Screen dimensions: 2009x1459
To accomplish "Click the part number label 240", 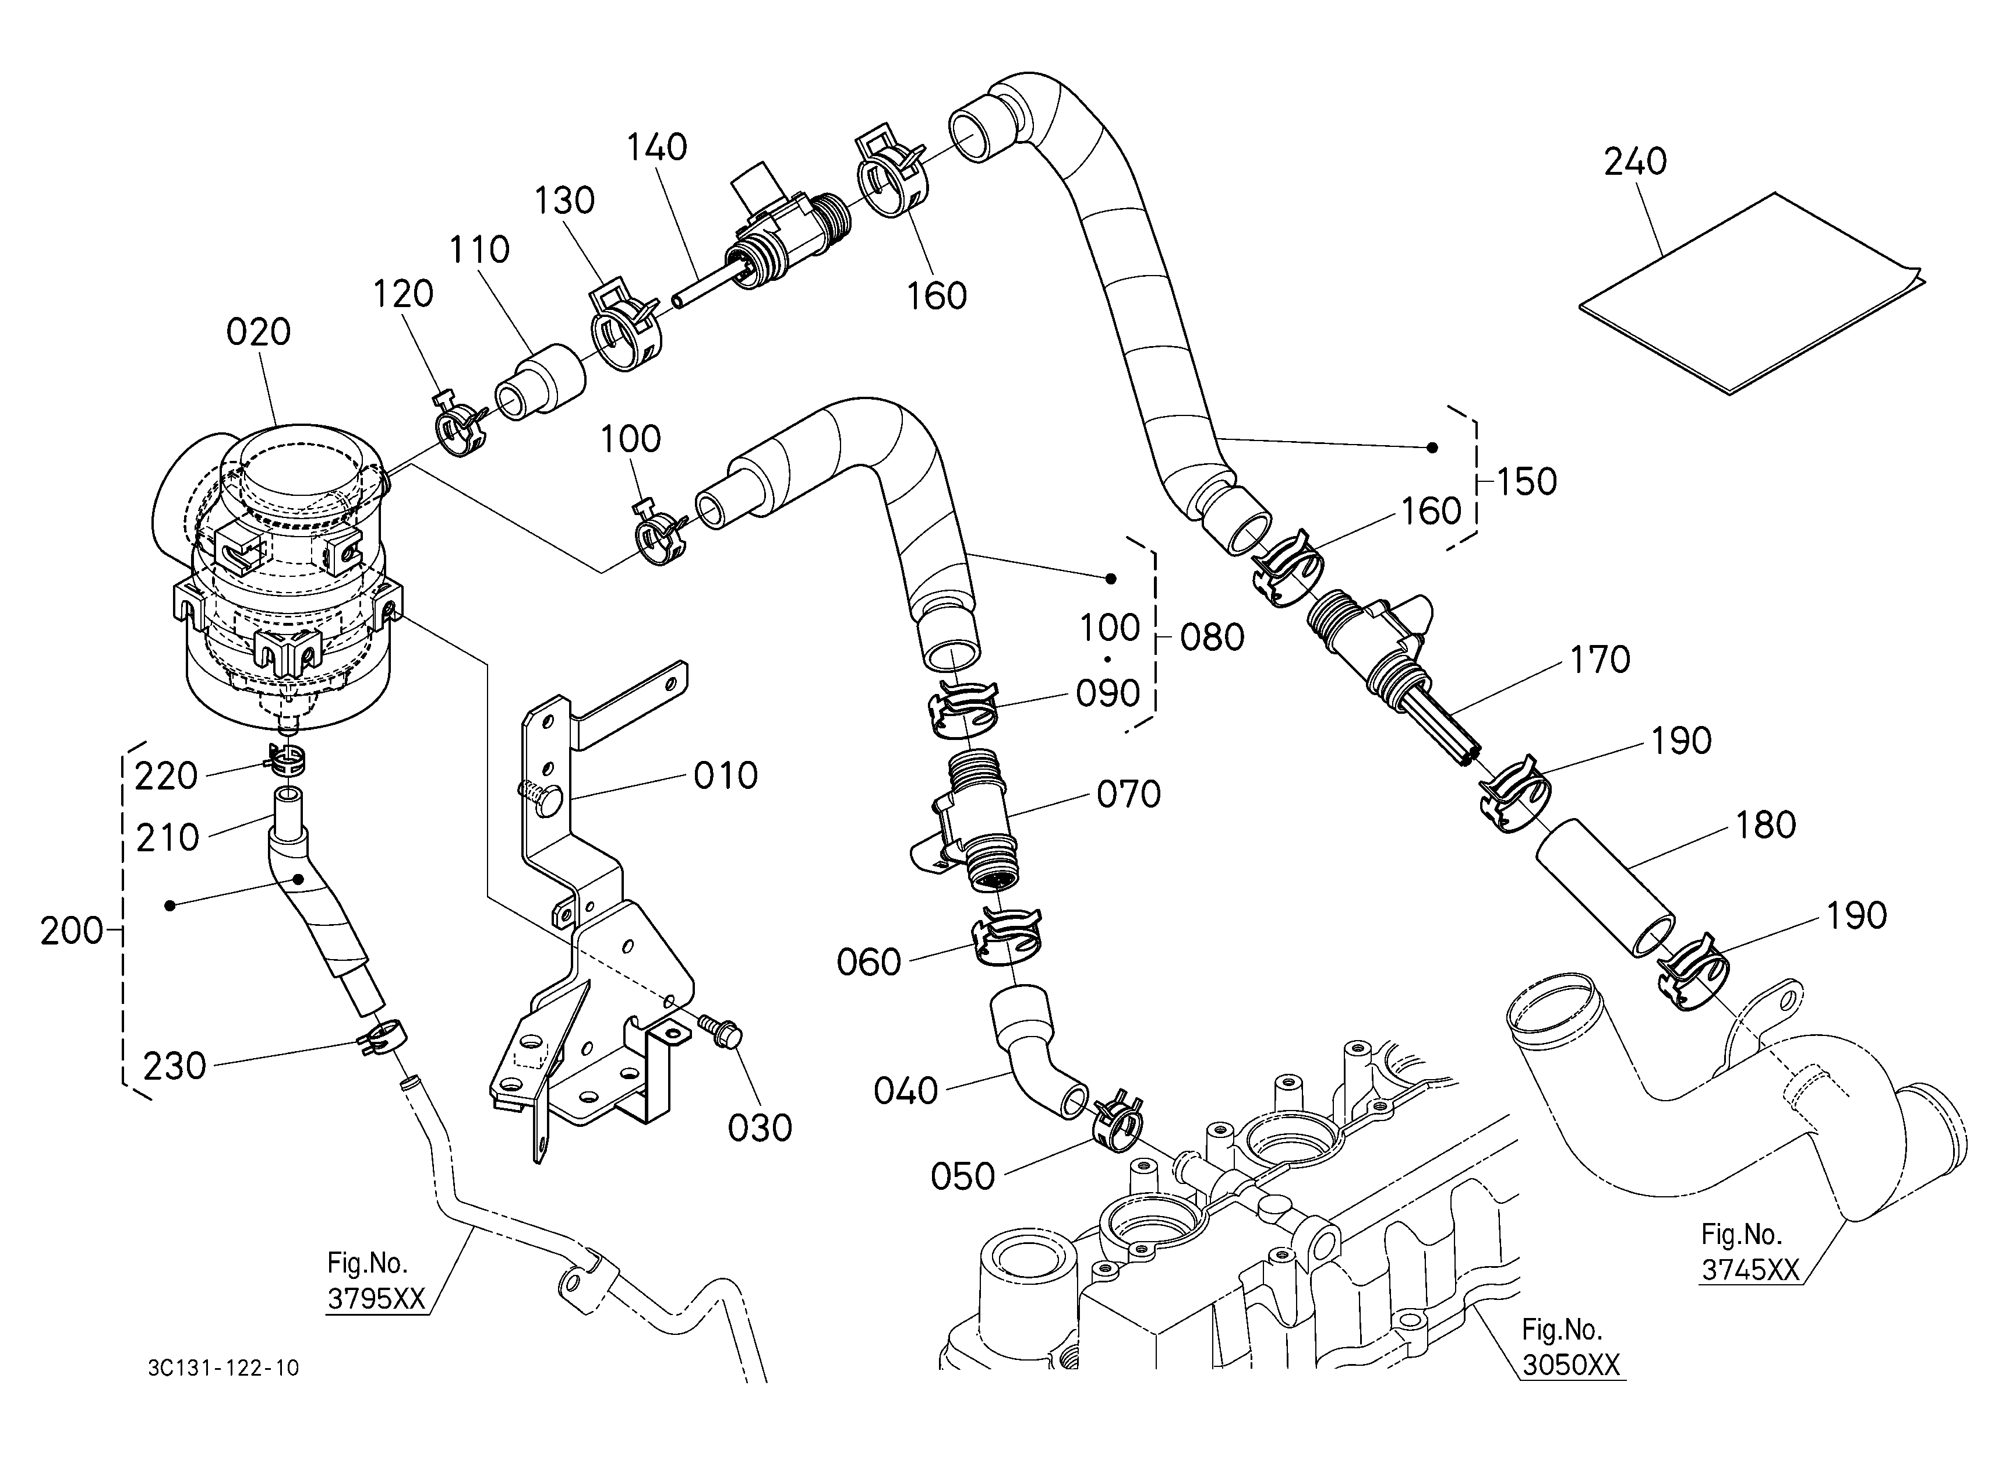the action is tap(1635, 162).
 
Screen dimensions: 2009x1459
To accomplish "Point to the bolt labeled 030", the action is tap(719, 1031).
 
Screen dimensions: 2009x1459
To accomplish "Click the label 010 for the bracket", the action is tap(725, 776).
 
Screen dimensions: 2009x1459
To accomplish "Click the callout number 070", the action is tap(1128, 795).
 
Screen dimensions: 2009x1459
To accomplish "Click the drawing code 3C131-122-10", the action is tap(223, 1369).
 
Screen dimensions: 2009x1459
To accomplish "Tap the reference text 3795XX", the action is tap(376, 1299).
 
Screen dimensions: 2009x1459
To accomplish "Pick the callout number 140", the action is tap(656, 147).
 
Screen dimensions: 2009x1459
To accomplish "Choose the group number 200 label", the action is tap(72, 931).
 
